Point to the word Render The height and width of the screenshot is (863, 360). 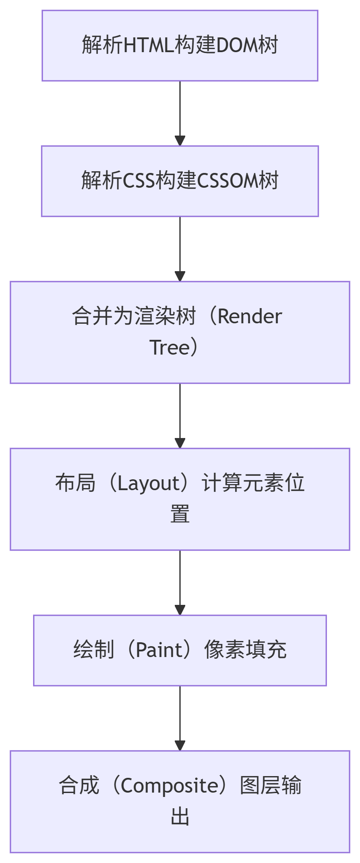coord(250,316)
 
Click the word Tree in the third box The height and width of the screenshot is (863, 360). coord(170,348)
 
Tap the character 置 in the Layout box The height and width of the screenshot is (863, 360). coord(180,514)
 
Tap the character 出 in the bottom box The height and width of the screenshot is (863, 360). coord(180,817)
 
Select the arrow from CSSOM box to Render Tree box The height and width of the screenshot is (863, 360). coord(180,248)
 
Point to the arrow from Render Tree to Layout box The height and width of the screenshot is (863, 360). coord(180,415)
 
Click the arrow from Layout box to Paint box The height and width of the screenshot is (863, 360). coord(180,582)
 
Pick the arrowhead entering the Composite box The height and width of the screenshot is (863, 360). coord(180,746)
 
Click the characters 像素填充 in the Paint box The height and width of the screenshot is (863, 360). coord(245,650)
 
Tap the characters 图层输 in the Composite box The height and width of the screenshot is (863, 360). coord(271,786)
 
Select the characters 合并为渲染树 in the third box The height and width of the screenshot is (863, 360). coord(134,316)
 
